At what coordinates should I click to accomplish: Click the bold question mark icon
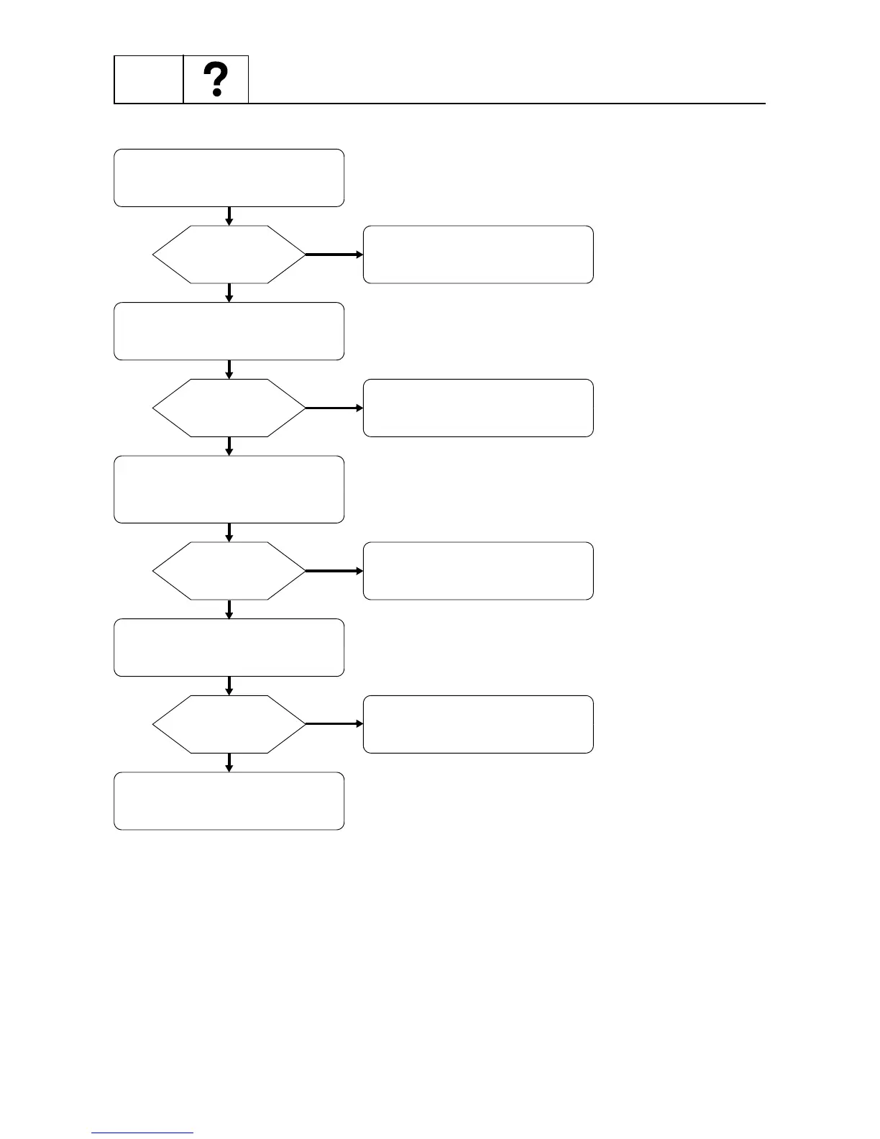tap(216, 80)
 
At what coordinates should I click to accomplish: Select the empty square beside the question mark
tap(149, 79)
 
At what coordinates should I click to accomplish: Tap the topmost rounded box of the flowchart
tap(229, 178)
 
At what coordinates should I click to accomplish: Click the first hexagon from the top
tap(229, 255)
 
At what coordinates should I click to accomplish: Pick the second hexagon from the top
tap(229, 408)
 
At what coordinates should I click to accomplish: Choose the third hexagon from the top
tap(229, 571)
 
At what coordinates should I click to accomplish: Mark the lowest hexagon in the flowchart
tap(229, 724)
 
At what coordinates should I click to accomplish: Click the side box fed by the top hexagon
tap(478, 255)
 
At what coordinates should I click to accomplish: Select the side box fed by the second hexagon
tap(478, 408)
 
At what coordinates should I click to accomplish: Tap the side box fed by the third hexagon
tap(478, 571)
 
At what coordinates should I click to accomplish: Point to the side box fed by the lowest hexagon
tap(478, 724)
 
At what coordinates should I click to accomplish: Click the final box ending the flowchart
tap(229, 801)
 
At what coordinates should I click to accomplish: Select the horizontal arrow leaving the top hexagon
tap(334, 255)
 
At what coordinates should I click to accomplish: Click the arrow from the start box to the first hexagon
tap(229, 216)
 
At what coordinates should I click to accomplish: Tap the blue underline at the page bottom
tap(142, 1133)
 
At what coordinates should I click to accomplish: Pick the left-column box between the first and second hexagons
tap(229, 331)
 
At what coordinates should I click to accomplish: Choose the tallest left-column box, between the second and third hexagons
tap(229, 489)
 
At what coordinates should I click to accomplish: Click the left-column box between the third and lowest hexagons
tap(229, 647)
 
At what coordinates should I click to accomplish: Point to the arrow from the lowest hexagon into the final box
tap(229, 762)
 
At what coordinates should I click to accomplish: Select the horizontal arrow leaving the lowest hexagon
tap(334, 724)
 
